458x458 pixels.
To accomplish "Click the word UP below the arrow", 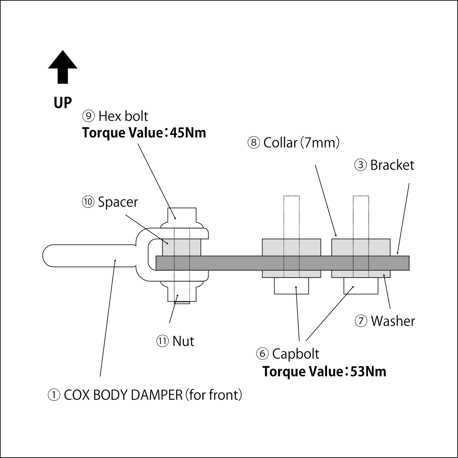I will pyautogui.click(x=63, y=103).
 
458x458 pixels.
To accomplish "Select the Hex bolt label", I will pyautogui.click(x=123, y=116).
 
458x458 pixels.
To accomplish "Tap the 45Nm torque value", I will pyautogui.click(x=188, y=133).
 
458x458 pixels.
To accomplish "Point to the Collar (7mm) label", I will pyautogui.click(x=301, y=143).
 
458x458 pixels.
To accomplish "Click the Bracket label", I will pyautogui.click(x=392, y=165).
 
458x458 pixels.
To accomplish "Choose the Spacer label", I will pyautogui.click(x=118, y=202).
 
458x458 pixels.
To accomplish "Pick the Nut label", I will pyautogui.click(x=183, y=341).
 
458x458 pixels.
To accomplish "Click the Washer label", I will pyautogui.click(x=393, y=321).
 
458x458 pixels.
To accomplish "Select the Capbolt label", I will pyautogui.click(x=295, y=354).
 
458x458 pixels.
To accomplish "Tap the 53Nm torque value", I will pyautogui.click(x=368, y=372).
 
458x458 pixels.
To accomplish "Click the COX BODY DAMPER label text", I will pyautogui.click(x=153, y=395).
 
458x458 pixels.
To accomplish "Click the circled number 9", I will pyautogui.click(x=88, y=116).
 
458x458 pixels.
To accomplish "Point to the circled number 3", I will pyautogui.click(x=361, y=165).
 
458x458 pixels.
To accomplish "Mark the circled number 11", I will pyautogui.click(x=162, y=341).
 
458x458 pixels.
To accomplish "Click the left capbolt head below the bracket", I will pyautogui.click(x=291, y=286).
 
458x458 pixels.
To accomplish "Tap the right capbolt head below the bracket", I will pyautogui.click(x=361, y=286).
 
